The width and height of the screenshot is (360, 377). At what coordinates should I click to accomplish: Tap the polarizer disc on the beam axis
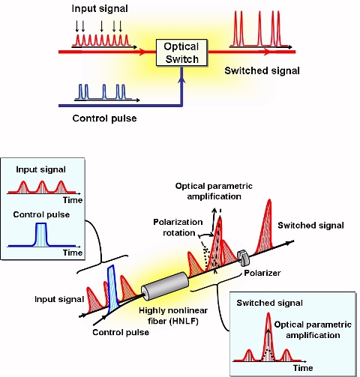(x=244, y=258)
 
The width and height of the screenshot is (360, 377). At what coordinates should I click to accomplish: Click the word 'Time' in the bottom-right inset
(x=302, y=368)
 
